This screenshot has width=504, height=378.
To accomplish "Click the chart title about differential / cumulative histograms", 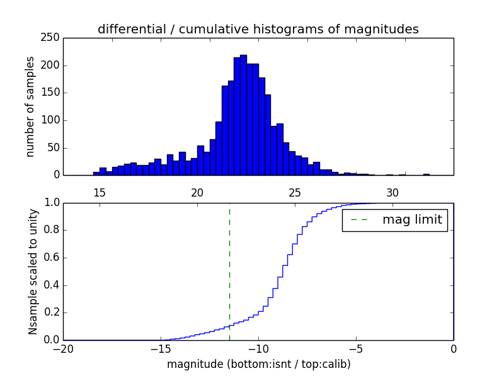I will (x=258, y=29).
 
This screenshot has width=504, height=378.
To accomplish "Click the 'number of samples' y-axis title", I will (x=30, y=106).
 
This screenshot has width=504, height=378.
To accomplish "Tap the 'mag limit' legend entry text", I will (x=412, y=220).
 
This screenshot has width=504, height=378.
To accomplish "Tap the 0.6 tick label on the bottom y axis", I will (x=51, y=258).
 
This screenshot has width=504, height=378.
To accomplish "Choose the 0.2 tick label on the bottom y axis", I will (x=51, y=312).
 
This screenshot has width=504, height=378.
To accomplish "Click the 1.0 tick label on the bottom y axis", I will (x=51, y=203).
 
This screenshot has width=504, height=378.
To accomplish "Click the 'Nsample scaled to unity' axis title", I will (x=33, y=271).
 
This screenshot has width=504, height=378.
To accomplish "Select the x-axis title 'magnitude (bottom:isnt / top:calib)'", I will (x=258, y=364).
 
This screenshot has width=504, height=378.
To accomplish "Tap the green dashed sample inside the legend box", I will (x=358, y=220).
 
